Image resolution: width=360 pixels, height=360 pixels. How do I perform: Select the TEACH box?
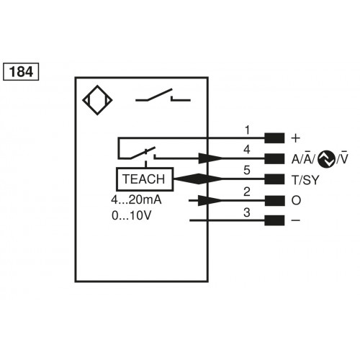143,179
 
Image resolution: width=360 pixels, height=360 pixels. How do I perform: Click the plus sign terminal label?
294,138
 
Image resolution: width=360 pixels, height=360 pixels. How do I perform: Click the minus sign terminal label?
294,220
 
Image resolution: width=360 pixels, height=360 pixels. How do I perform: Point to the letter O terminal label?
294,200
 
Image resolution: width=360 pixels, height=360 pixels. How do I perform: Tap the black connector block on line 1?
274,138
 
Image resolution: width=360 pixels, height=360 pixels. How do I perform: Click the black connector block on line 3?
274,220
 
